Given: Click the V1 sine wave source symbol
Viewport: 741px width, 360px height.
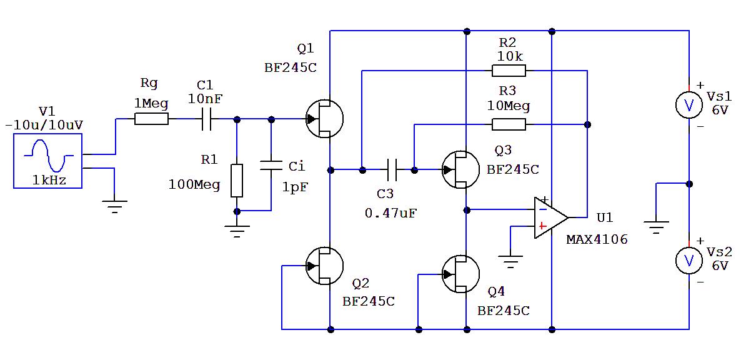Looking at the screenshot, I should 48,159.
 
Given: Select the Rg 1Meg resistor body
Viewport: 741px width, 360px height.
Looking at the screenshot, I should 151,119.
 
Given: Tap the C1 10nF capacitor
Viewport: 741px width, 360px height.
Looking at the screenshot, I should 207,119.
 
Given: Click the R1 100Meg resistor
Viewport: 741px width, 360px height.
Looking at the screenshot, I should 237,181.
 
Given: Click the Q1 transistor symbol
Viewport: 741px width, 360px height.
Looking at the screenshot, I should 324,119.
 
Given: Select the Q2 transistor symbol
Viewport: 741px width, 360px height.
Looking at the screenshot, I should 324,266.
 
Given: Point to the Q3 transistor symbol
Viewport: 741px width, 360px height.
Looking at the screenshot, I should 460,169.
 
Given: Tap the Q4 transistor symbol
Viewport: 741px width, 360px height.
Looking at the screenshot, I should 460,274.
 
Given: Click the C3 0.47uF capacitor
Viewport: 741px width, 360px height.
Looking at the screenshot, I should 392,169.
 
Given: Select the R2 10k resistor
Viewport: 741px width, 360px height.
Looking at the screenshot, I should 509,71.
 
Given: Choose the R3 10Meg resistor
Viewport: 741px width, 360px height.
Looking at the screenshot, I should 509,124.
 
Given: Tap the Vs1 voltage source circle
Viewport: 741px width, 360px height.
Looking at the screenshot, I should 689,106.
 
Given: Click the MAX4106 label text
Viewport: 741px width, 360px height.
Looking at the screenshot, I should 597,239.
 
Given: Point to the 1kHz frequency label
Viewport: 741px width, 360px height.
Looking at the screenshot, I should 49,181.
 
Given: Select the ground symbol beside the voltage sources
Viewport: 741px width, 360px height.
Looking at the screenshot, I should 656,226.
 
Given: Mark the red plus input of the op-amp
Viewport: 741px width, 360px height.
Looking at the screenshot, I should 542,226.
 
